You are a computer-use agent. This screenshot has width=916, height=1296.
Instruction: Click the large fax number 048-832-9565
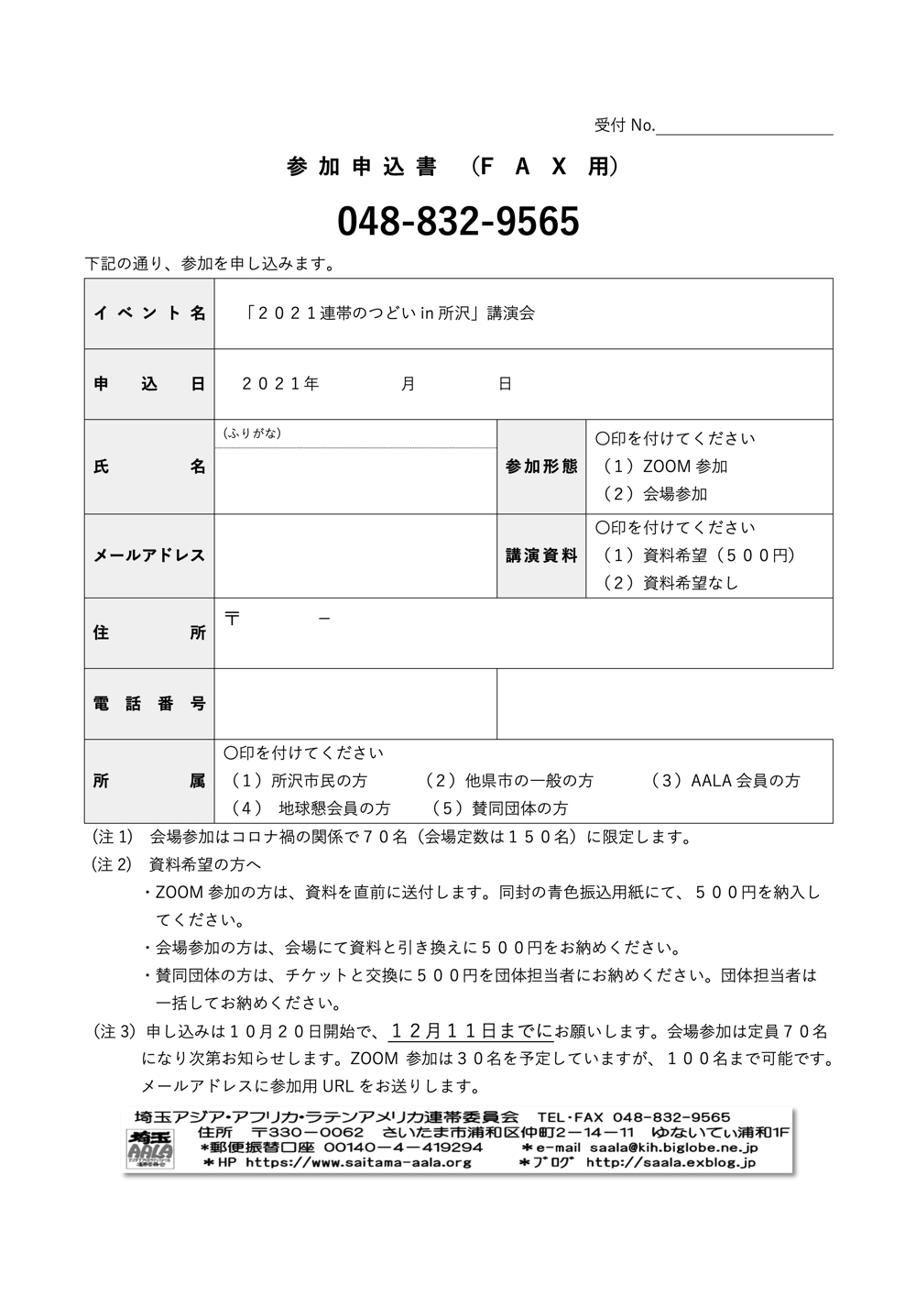(458, 221)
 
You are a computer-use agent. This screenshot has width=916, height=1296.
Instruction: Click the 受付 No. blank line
(744, 126)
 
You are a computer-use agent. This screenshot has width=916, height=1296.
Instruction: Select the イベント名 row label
(149, 313)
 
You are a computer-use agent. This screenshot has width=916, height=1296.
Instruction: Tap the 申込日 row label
(149, 384)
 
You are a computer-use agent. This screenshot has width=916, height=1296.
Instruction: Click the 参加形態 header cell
(541, 467)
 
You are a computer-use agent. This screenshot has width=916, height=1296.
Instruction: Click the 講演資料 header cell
(541, 555)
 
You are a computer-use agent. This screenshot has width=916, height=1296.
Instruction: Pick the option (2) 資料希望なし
(670, 583)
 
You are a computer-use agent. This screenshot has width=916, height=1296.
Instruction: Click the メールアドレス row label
(149, 555)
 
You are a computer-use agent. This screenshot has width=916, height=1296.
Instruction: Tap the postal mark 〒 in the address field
(233, 619)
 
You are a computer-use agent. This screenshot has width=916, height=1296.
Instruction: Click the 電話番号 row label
(149, 704)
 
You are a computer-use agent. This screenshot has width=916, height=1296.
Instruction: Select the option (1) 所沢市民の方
(299, 781)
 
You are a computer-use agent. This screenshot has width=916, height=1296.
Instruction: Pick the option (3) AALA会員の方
(725, 781)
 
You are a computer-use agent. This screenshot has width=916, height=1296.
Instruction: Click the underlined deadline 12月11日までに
(471, 1031)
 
